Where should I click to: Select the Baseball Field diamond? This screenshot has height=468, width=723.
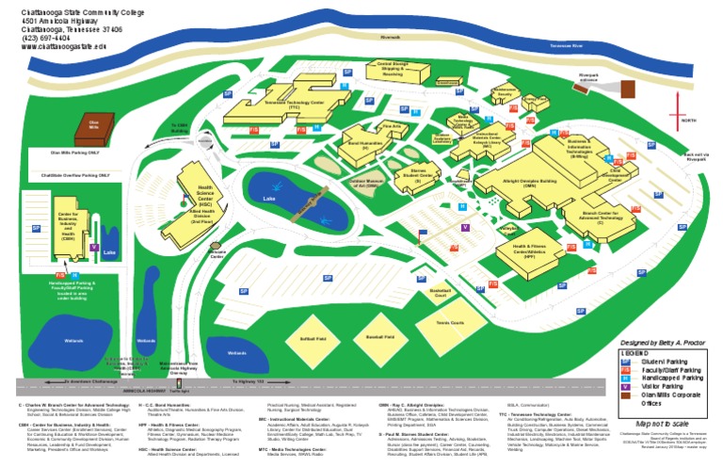click(x=380, y=335)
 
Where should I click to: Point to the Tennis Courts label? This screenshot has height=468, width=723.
click(x=451, y=323)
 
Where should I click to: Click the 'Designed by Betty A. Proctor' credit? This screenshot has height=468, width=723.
click(x=665, y=342)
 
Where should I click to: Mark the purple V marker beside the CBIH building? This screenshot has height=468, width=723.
click(x=93, y=222)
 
